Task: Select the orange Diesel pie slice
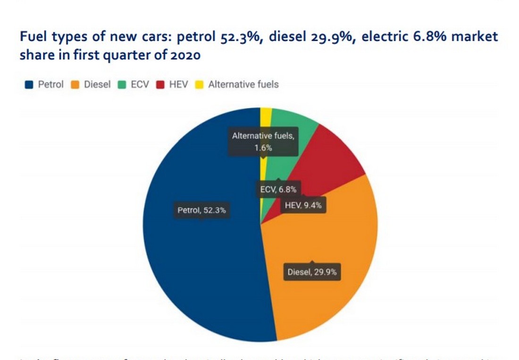[x=326, y=236]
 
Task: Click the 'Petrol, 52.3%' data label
[x=201, y=210]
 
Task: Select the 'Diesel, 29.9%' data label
[x=311, y=272]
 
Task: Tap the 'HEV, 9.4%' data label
[x=304, y=205]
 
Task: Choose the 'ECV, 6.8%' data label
[x=278, y=190]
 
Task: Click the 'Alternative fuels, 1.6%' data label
[x=263, y=142]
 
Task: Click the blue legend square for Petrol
[x=29, y=85]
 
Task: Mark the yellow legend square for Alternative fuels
[x=199, y=85]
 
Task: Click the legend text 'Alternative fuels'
[x=243, y=85]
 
